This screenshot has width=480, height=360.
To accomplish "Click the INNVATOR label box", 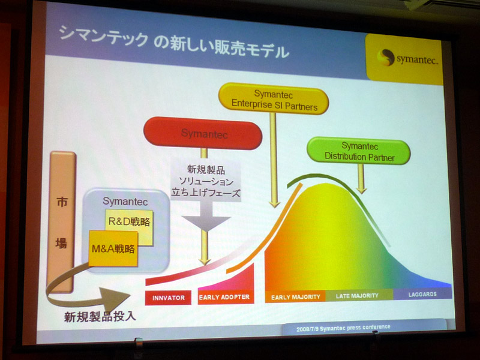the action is [x=168, y=298].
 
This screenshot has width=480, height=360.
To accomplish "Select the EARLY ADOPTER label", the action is [x=226, y=297].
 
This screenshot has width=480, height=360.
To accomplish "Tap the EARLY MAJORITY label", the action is [x=295, y=296].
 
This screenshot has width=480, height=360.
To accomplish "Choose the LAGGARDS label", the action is [x=422, y=294].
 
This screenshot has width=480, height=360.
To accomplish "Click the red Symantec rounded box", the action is [x=203, y=134].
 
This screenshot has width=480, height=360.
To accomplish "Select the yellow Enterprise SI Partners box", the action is [x=274, y=99].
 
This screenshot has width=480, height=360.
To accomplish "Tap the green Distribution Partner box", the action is [x=359, y=151].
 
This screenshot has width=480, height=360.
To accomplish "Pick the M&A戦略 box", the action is [x=113, y=248].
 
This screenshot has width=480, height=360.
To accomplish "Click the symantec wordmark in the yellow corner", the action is [x=417, y=59].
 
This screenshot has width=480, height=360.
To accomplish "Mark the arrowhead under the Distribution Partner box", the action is [x=362, y=190].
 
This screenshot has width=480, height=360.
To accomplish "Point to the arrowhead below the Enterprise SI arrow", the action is [x=274, y=204].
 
